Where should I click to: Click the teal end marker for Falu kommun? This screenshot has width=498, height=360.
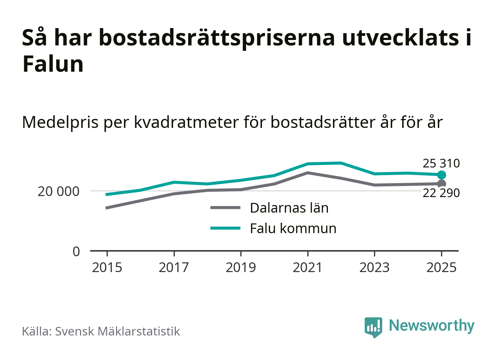(x=441, y=175)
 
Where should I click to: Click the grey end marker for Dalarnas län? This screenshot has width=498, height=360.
(x=441, y=184)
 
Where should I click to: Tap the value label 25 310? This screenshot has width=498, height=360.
(x=441, y=163)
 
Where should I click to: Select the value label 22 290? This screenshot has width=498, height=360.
(x=441, y=193)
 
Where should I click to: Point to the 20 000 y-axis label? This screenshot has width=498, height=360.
(x=58, y=191)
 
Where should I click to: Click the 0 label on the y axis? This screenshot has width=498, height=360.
(x=76, y=251)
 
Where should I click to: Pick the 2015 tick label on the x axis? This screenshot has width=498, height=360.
(x=107, y=267)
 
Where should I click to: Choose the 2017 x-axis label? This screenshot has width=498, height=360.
(x=174, y=267)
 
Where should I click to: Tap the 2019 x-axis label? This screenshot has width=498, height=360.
(x=241, y=267)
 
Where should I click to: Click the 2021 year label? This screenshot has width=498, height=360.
(x=308, y=267)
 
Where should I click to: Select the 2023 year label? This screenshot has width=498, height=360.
(x=374, y=267)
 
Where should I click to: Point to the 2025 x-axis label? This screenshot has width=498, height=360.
(x=441, y=267)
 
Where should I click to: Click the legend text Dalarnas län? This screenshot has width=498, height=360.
(x=289, y=208)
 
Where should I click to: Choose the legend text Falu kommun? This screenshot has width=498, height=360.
(x=293, y=228)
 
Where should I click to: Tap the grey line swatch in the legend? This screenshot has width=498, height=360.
(x=225, y=208)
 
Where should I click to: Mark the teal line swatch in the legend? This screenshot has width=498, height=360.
(x=225, y=228)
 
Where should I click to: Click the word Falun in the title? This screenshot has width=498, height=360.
(x=53, y=64)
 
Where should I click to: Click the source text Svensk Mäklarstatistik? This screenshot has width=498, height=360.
(x=117, y=331)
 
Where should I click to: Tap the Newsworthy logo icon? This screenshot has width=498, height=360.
(x=373, y=327)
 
